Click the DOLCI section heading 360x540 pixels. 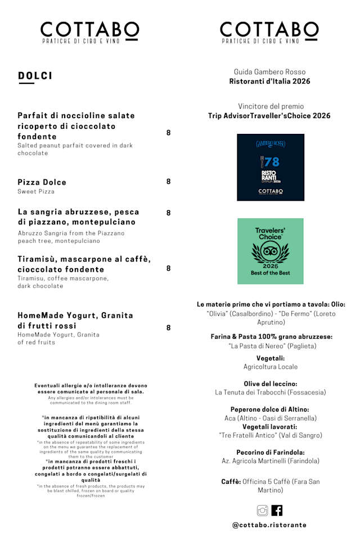35,75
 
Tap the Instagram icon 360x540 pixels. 262,510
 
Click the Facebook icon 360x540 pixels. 277,510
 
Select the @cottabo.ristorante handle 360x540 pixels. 269,525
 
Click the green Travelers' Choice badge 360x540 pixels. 270,251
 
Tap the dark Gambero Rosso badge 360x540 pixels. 271,167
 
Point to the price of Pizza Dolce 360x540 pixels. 168,182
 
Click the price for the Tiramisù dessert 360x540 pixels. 168,268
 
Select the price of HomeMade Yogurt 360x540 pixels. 168,327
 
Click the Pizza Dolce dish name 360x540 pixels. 42,182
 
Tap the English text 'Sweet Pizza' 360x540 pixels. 36,192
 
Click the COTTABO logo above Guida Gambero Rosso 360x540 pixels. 269,32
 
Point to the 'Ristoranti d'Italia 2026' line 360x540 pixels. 269,82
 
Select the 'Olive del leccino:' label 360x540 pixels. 270,383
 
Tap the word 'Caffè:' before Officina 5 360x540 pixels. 231,481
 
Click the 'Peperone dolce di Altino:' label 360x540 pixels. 270,409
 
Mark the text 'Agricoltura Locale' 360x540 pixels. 271,367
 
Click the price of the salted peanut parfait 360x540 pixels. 168,133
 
